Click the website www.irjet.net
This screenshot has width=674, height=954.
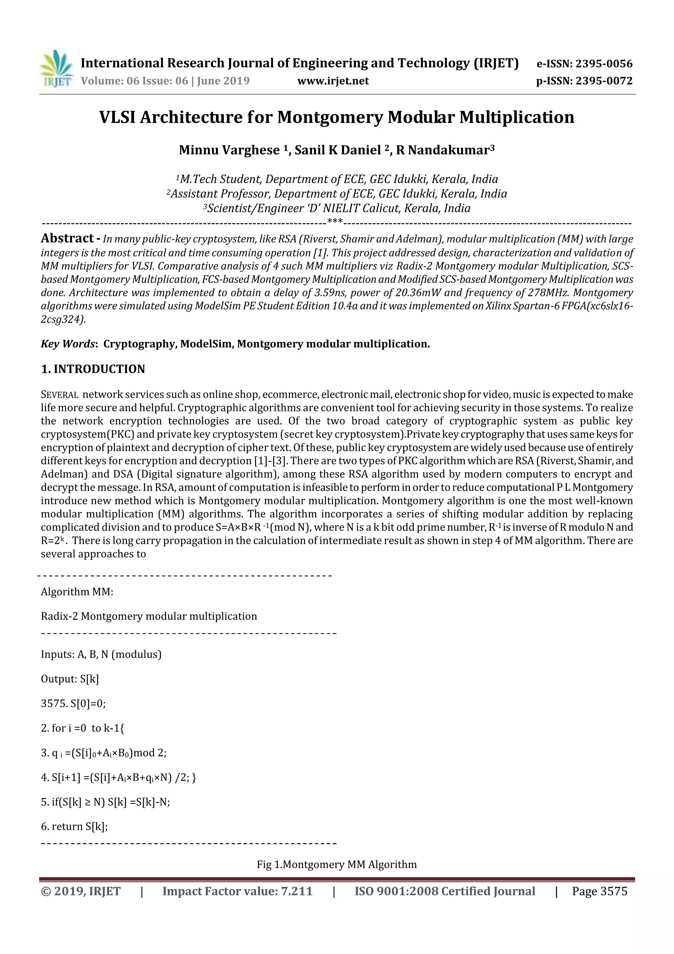(333, 81)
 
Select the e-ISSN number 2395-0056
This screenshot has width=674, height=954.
(604, 64)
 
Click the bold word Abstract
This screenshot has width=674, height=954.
(67, 238)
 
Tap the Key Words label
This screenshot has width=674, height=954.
(68, 344)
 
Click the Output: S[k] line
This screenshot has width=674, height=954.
(70, 679)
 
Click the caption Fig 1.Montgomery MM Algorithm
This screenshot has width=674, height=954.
(336, 865)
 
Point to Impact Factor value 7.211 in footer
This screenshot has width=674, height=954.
(237, 891)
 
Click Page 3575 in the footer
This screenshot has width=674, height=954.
(599, 891)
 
